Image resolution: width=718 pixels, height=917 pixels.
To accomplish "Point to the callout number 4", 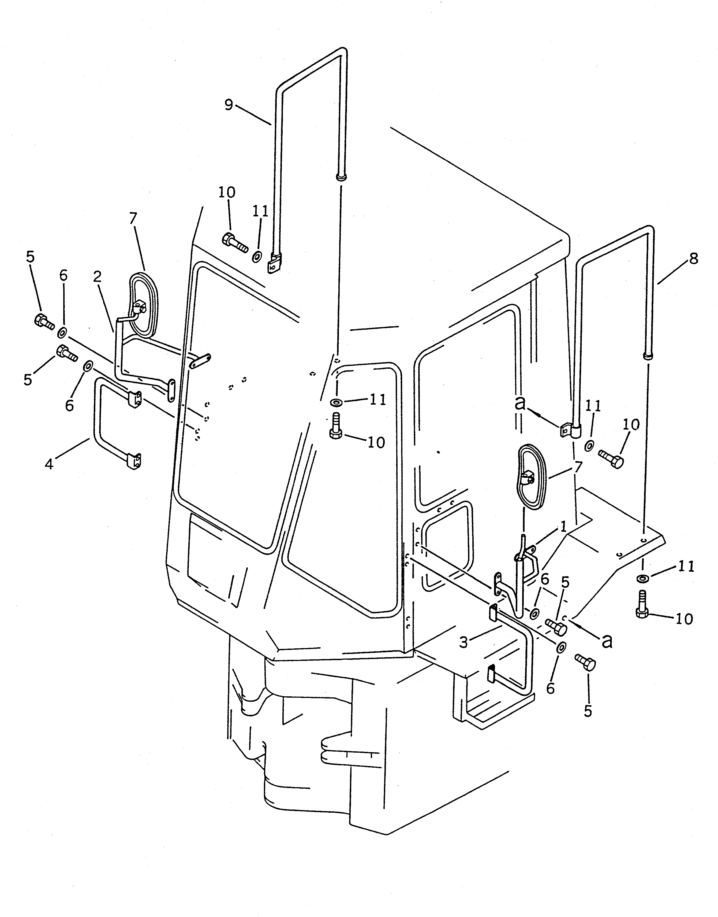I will (x=49, y=464).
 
